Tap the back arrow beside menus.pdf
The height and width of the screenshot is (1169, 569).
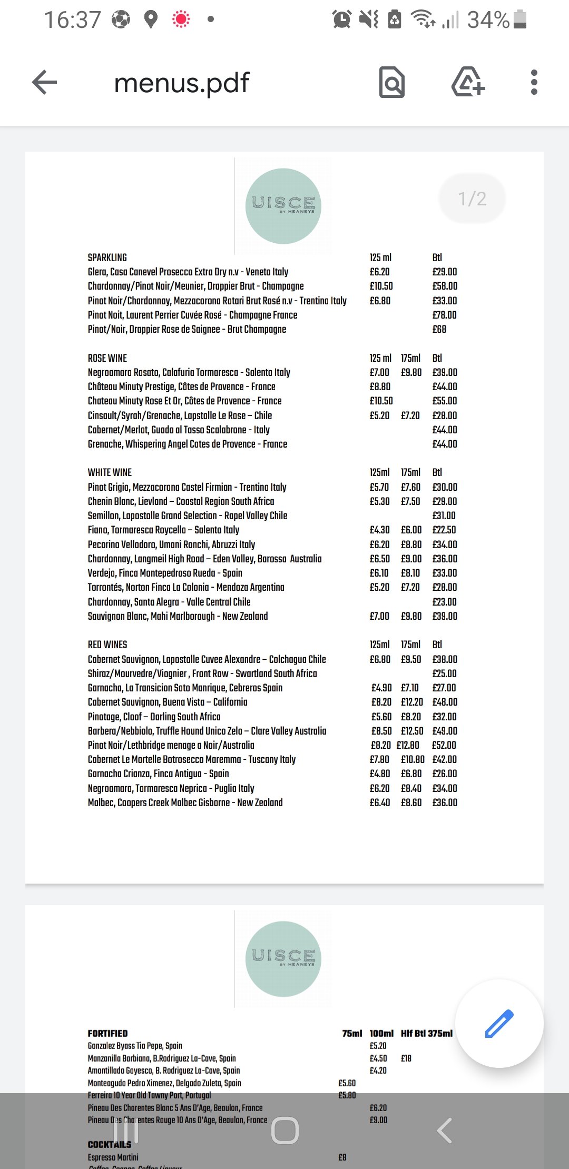click(44, 83)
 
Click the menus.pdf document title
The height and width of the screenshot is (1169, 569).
click(181, 83)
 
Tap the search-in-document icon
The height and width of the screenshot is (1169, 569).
click(392, 83)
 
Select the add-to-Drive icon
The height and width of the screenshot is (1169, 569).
click(468, 83)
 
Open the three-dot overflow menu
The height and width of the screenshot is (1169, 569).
click(534, 83)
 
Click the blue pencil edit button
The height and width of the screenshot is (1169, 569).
click(498, 1024)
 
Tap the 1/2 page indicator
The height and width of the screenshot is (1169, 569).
click(472, 199)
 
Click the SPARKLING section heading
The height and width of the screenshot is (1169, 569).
click(107, 257)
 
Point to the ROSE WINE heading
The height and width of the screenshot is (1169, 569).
click(107, 358)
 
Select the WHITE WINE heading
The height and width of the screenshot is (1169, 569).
click(110, 472)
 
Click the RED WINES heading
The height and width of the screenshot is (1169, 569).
click(107, 645)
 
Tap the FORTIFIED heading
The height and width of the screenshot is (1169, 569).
click(107, 1033)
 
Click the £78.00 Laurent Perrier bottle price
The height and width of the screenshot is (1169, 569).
click(444, 315)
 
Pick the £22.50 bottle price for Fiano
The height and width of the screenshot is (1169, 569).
click(444, 530)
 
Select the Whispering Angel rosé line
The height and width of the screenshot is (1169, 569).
click(188, 444)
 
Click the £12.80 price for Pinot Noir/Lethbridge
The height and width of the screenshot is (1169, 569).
click(408, 745)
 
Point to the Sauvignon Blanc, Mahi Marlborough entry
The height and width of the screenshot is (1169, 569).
click(178, 616)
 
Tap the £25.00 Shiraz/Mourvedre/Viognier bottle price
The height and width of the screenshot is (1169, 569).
click(444, 673)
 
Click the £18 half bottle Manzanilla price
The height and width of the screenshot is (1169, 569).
click(406, 1058)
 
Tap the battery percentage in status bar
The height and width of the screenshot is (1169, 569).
click(488, 20)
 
